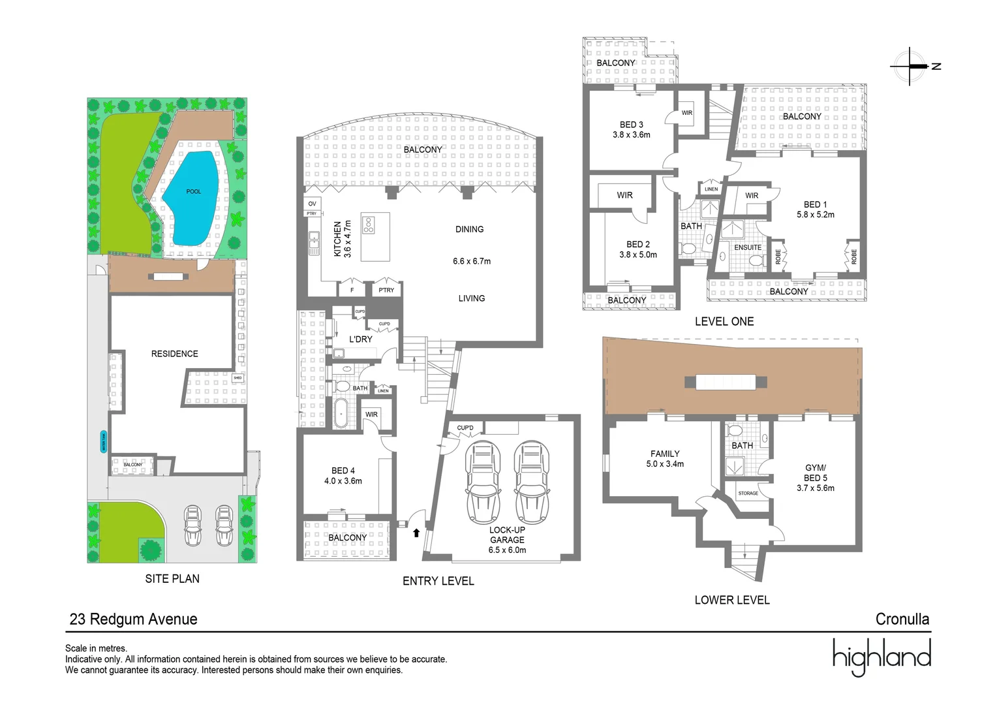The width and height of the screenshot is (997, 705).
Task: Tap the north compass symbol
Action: point(912,66)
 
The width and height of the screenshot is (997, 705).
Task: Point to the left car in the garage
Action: point(482,482)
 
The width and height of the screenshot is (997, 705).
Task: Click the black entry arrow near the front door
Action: point(416,533)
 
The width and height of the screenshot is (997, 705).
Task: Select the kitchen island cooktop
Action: point(369,225)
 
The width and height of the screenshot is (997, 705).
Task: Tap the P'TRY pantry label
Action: point(386,290)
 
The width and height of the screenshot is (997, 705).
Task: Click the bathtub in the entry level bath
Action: point(341,413)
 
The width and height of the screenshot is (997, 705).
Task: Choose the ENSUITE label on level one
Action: point(748,247)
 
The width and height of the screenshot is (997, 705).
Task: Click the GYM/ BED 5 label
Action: point(815,477)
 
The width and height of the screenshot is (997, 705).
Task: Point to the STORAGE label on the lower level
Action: point(748,493)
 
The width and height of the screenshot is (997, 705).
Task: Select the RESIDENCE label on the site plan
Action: point(174,354)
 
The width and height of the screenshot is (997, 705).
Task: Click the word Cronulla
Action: point(902,619)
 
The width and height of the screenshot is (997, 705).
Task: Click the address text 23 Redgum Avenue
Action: point(133,619)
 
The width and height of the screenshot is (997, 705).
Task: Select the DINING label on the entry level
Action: point(469,229)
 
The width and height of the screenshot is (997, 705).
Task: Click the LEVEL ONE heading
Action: point(724,321)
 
